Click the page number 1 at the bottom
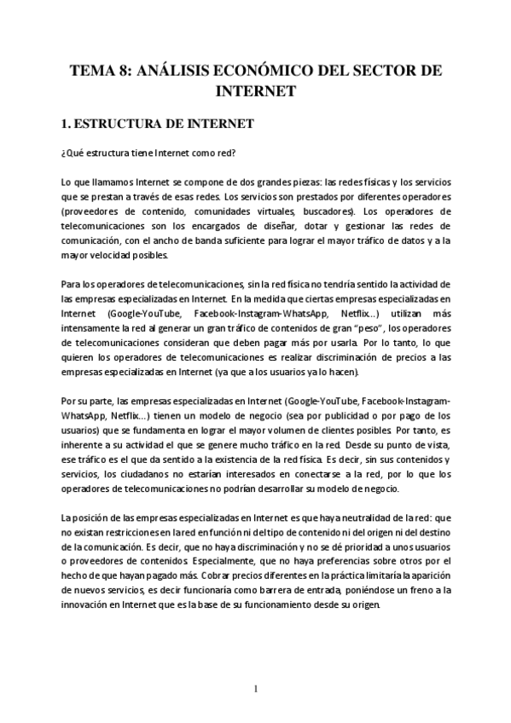click(255, 688)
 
